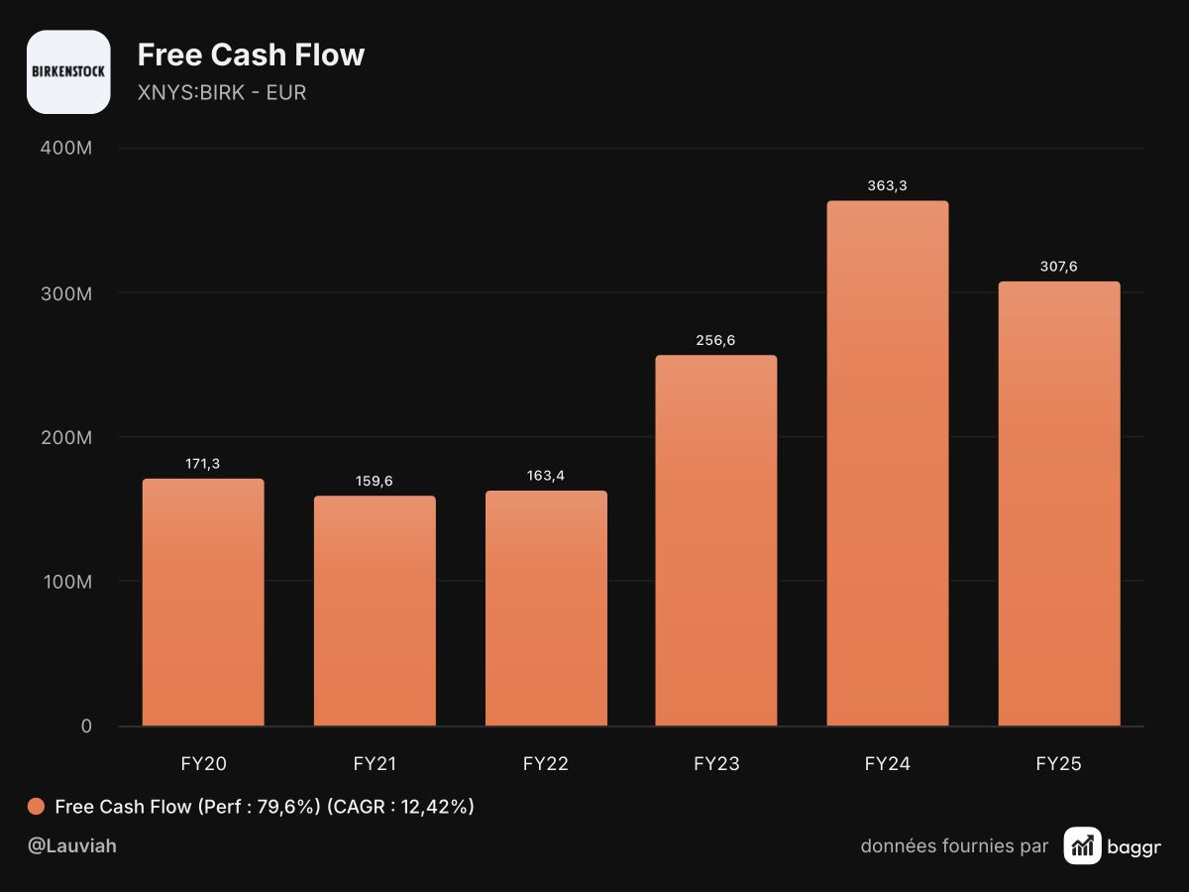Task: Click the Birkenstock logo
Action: (x=68, y=71)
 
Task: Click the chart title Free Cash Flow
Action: (x=251, y=55)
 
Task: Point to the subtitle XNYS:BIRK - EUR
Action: (x=222, y=92)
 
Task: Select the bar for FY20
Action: (x=203, y=602)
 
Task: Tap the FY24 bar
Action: (x=887, y=463)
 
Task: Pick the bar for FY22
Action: (x=546, y=608)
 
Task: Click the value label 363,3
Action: (x=887, y=185)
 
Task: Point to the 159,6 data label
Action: (x=375, y=481)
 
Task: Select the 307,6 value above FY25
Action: (x=1059, y=267)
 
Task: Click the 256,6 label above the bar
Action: (x=715, y=340)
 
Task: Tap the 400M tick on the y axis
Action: (x=66, y=148)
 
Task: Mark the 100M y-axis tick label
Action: (x=67, y=582)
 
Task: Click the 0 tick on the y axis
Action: (x=86, y=726)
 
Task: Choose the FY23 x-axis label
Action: (x=716, y=763)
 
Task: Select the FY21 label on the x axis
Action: (x=375, y=763)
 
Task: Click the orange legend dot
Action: (x=37, y=807)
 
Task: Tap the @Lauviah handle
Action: (x=72, y=846)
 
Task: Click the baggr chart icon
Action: (x=1082, y=846)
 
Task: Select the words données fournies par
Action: (x=954, y=846)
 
